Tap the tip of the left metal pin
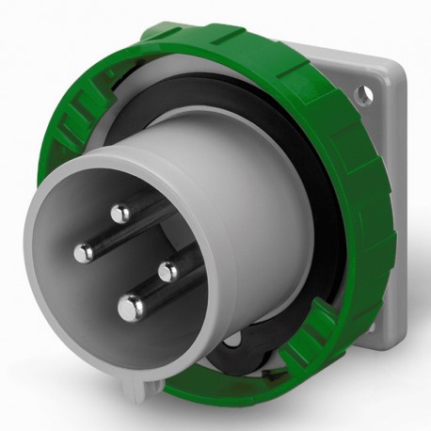click(84, 250)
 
